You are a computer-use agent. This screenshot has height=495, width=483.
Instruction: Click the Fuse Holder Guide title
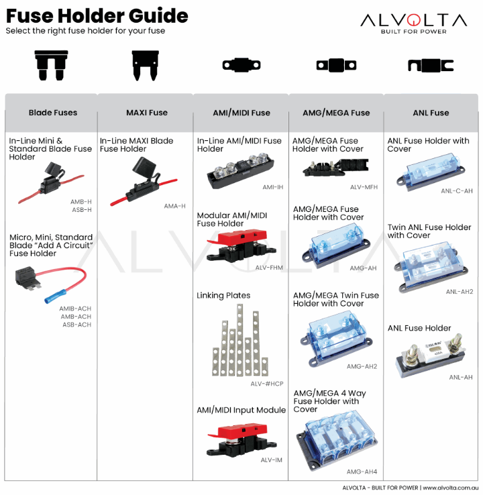click(x=97, y=15)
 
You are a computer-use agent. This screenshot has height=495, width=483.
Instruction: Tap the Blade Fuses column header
click(x=52, y=113)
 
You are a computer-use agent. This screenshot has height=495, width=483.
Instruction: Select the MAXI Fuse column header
click(x=147, y=113)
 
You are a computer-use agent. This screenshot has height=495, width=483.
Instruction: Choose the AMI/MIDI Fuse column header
click(x=241, y=113)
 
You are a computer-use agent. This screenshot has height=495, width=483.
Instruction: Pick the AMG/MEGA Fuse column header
click(x=336, y=113)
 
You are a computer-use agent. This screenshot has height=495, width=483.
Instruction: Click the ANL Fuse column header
click(x=431, y=113)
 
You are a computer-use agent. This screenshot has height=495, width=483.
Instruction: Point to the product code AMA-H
click(x=174, y=206)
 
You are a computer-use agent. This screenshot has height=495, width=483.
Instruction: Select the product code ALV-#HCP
click(x=267, y=384)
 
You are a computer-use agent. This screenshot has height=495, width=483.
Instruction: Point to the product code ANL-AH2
click(x=460, y=292)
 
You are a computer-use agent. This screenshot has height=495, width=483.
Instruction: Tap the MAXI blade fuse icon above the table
click(x=146, y=66)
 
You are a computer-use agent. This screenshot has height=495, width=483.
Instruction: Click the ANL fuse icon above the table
click(x=431, y=66)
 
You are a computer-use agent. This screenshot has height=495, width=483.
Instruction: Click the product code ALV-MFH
click(x=364, y=187)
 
